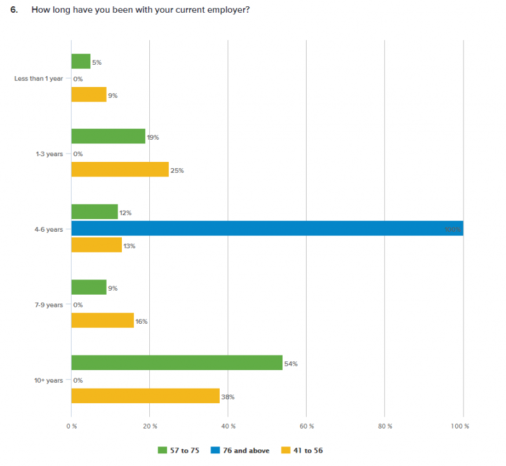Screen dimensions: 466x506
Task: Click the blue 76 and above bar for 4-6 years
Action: tap(267, 229)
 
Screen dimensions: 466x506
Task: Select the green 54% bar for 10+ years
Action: tap(176, 363)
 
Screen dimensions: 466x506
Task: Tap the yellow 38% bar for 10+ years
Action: tap(145, 396)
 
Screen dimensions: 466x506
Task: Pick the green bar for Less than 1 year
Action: tap(81, 62)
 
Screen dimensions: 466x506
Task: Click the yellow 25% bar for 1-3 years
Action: tap(120, 170)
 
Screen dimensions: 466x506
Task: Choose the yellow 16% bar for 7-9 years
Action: tap(102, 321)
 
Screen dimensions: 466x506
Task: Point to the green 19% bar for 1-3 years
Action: tap(108, 136)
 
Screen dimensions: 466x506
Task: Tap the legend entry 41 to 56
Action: tap(309, 450)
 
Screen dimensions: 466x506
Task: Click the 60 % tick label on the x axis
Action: tap(307, 425)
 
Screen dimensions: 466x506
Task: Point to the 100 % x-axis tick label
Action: tap(462, 425)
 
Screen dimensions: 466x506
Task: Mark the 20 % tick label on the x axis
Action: tap(150, 425)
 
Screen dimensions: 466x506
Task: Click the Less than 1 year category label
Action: tap(38, 79)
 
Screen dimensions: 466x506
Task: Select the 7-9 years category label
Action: tap(49, 305)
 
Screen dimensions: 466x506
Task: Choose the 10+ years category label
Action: tap(49, 380)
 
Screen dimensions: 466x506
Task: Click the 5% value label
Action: tap(97, 62)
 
